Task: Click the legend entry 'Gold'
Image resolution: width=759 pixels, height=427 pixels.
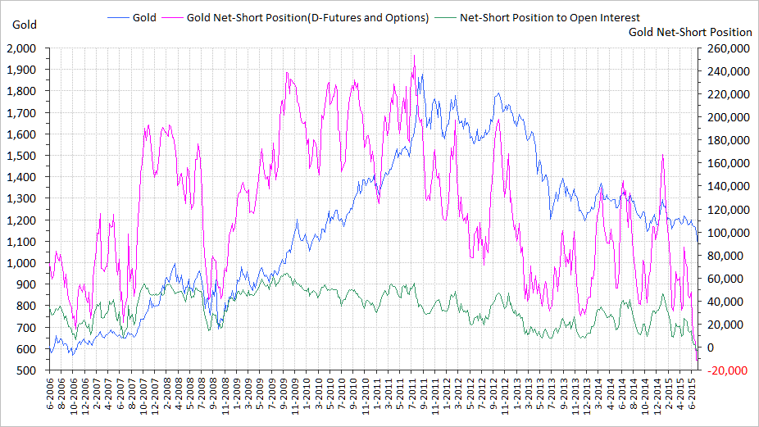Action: [144, 17]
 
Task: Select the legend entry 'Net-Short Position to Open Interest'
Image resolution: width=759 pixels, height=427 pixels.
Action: [550, 17]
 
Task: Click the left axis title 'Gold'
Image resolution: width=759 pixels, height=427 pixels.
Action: [25, 24]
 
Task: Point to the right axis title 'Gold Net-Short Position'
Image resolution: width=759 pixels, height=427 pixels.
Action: [689, 32]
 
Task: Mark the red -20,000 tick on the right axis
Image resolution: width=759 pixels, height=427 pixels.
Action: [725, 370]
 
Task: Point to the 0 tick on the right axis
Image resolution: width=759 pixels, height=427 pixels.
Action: [706, 348]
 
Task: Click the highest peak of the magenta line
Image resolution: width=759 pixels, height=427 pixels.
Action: [414, 56]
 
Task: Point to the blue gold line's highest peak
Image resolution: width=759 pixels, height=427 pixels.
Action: [422, 75]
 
